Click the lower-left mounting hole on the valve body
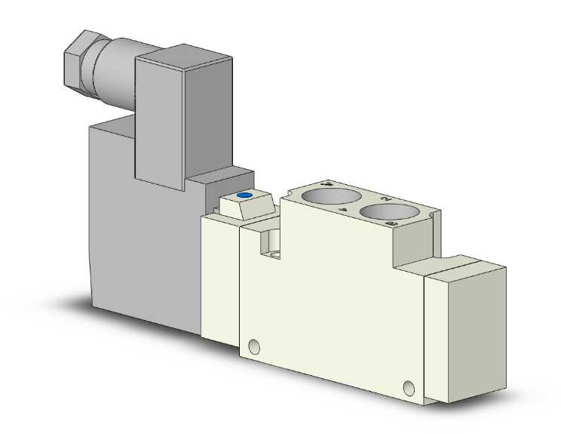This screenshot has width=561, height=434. pyautogui.click(x=254, y=346)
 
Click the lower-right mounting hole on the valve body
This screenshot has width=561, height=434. pyautogui.click(x=409, y=389)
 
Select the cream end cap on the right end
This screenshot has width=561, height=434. pyautogui.click(x=464, y=332)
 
